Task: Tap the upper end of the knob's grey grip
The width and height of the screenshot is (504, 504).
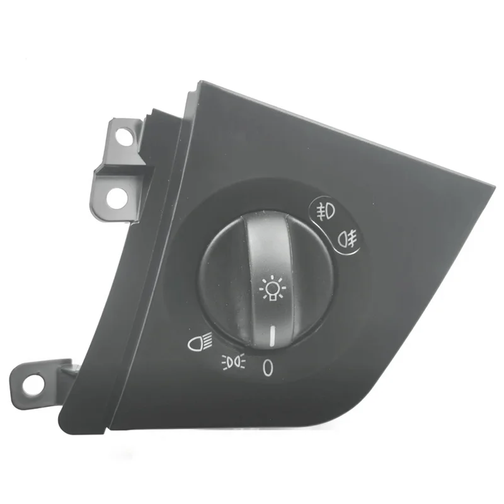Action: coord(267,217)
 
